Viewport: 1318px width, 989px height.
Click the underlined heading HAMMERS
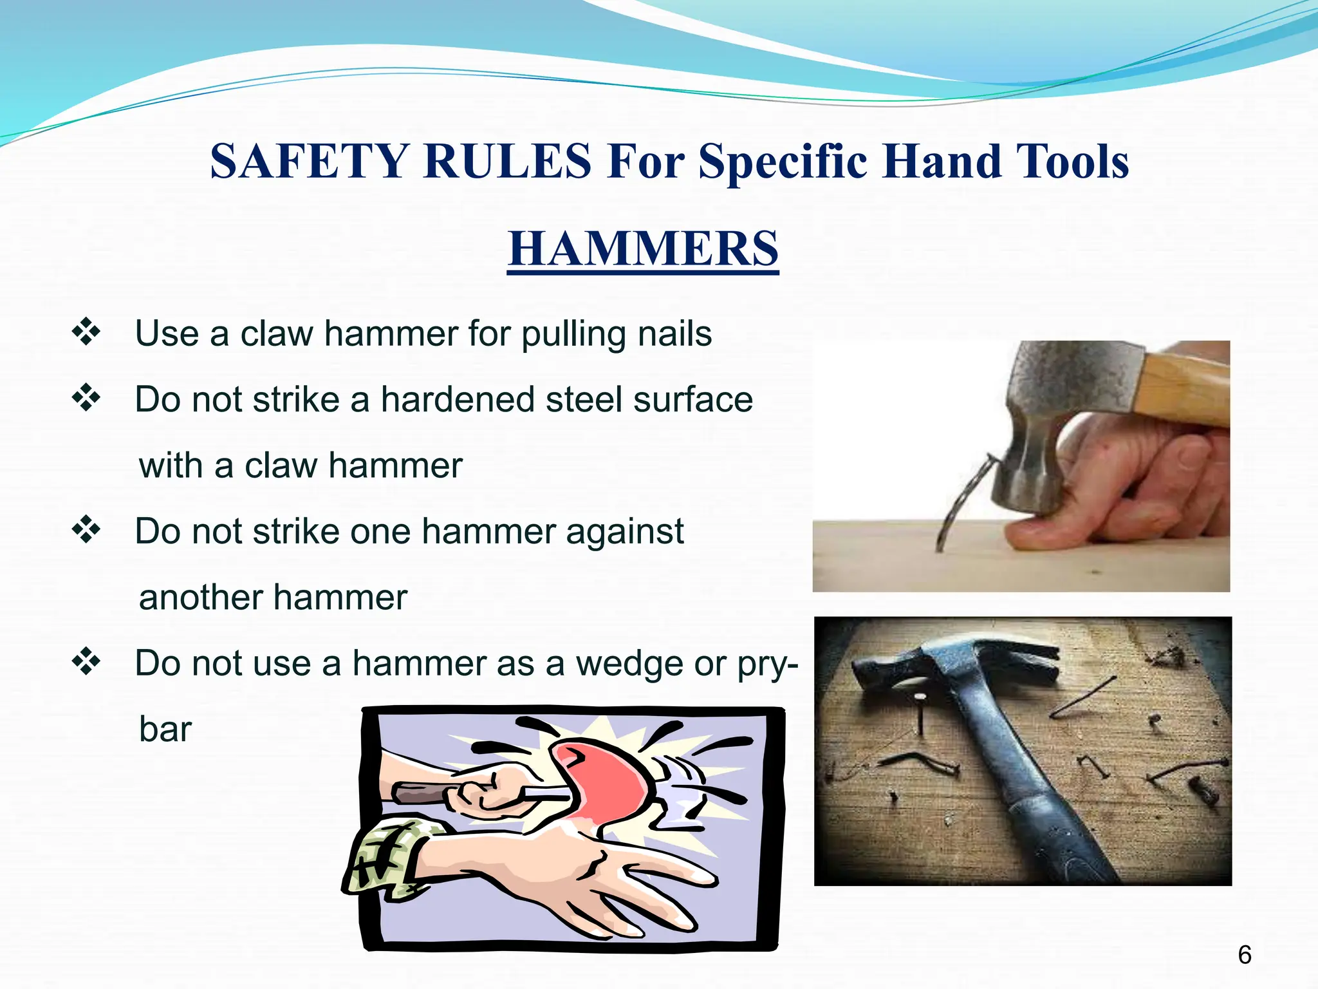(643, 249)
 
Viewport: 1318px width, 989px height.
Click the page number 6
(1244, 954)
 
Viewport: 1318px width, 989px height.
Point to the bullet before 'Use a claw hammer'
(86, 333)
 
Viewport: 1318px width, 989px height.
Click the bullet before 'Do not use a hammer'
(86, 662)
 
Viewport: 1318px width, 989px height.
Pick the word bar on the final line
(165, 730)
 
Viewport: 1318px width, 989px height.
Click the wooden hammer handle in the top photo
(1184, 386)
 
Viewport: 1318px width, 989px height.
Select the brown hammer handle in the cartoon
(418, 793)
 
